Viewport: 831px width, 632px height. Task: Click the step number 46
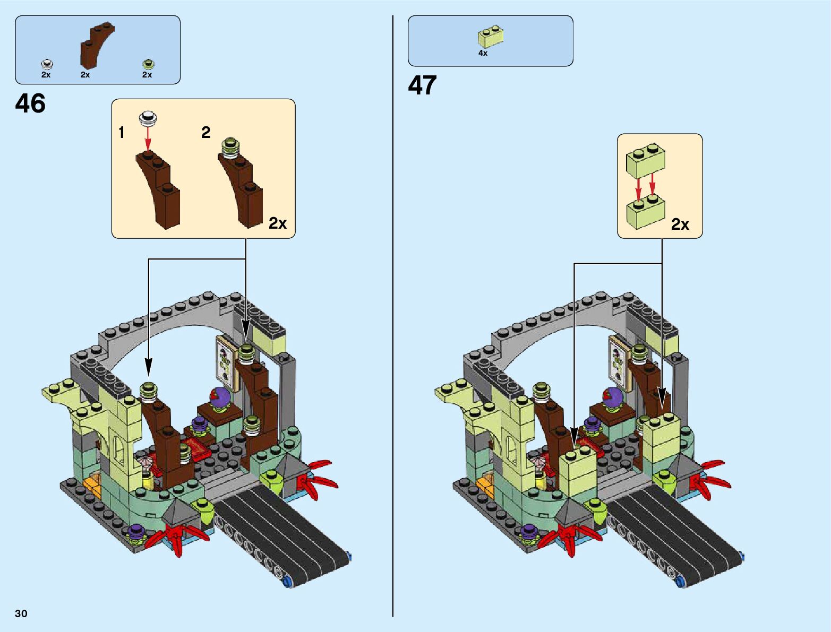[x=30, y=103]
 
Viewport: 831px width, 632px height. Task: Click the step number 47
[x=422, y=85]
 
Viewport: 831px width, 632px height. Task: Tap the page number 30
[x=21, y=613]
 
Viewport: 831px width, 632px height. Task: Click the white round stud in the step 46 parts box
[x=47, y=64]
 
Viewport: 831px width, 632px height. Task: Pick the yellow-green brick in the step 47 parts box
[x=491, y=37]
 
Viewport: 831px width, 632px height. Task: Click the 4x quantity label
[x=483, y=53]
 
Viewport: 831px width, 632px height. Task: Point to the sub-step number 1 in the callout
[x=122, y=133]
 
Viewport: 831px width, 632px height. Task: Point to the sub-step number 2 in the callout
[x=206, y=132]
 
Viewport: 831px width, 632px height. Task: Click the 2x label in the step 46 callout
[x=277, y=223]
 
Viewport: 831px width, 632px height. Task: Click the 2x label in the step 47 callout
[x=680, y=224]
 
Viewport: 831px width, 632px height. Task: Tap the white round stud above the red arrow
[x=148, y=118]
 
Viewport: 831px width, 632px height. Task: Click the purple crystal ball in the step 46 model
[x=219, y=397]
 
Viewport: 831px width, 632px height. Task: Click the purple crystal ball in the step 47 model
[x=612, y=397]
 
